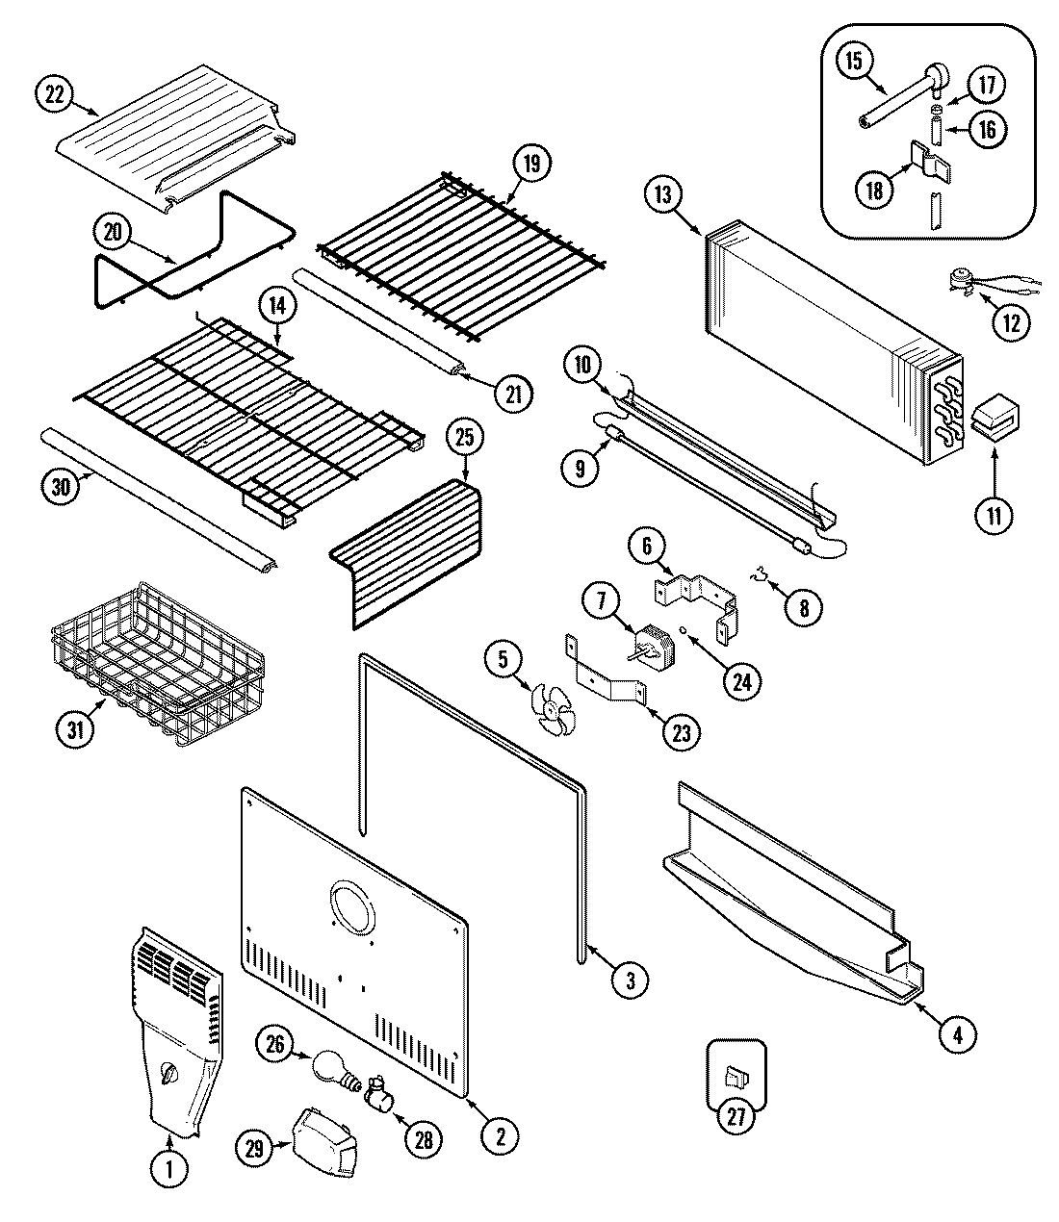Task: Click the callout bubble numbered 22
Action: (x=54, y=94)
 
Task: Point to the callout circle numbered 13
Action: (x=661, y=194)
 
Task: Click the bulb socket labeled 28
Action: (x=379, y=1092)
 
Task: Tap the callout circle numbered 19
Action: (x=530, y=164)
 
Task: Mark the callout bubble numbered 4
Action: (x=957, y=1034)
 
